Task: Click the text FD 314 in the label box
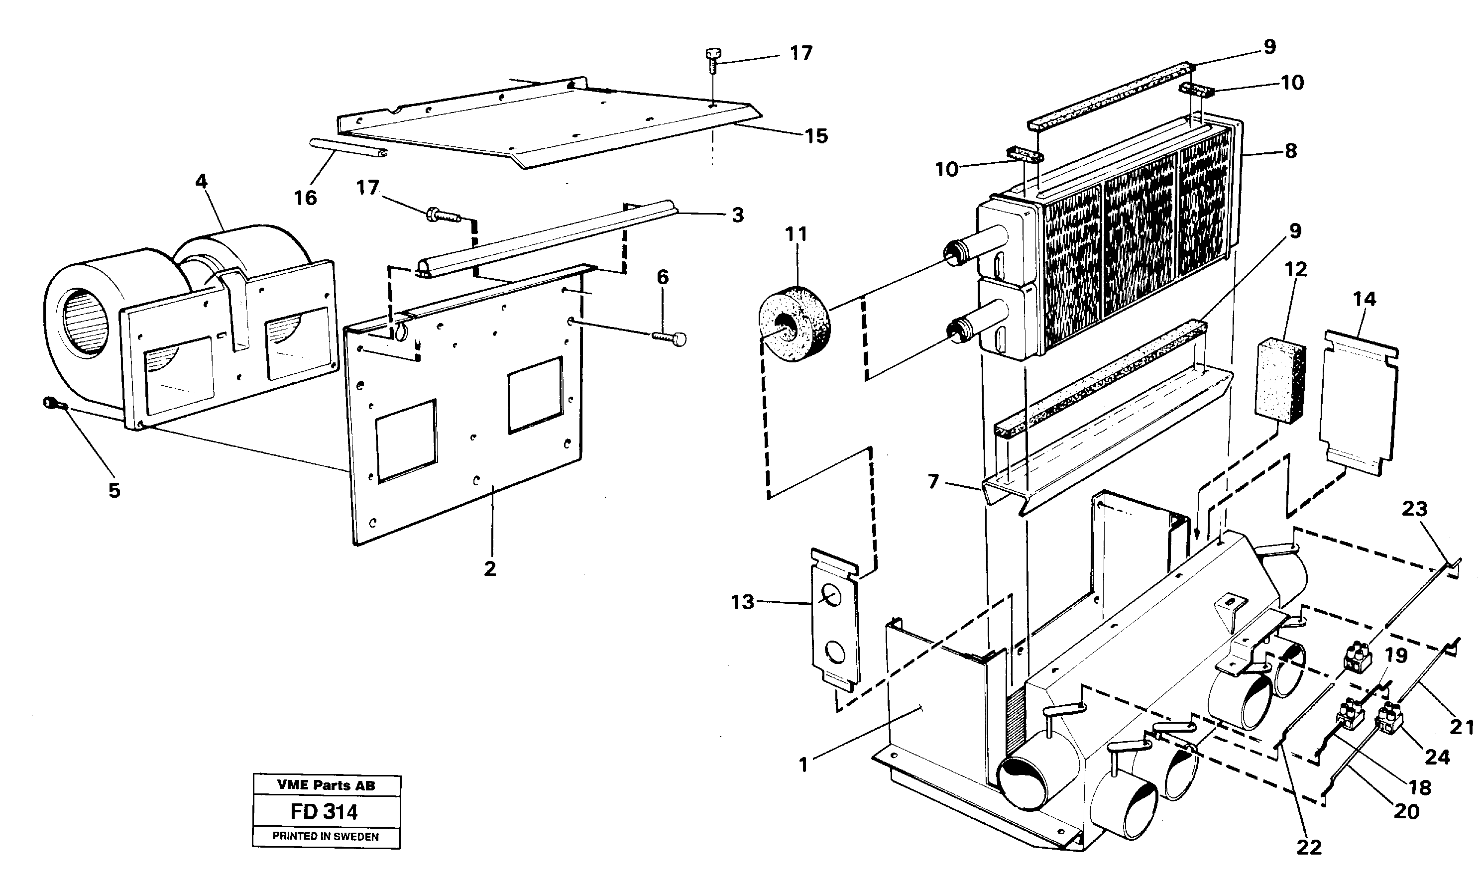(x=324, y=811)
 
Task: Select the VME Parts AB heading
(x=326, y=785)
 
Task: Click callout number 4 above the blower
(x=202, y=181)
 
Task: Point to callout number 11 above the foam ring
(x=796, y=234)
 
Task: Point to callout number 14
(x=1364, y=299)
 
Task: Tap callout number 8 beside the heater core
(x=1291, y=151)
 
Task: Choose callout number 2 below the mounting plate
(x=489, y=568)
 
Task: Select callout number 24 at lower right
(x=1437, y=757)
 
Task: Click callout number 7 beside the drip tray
(x=933, y=481)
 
